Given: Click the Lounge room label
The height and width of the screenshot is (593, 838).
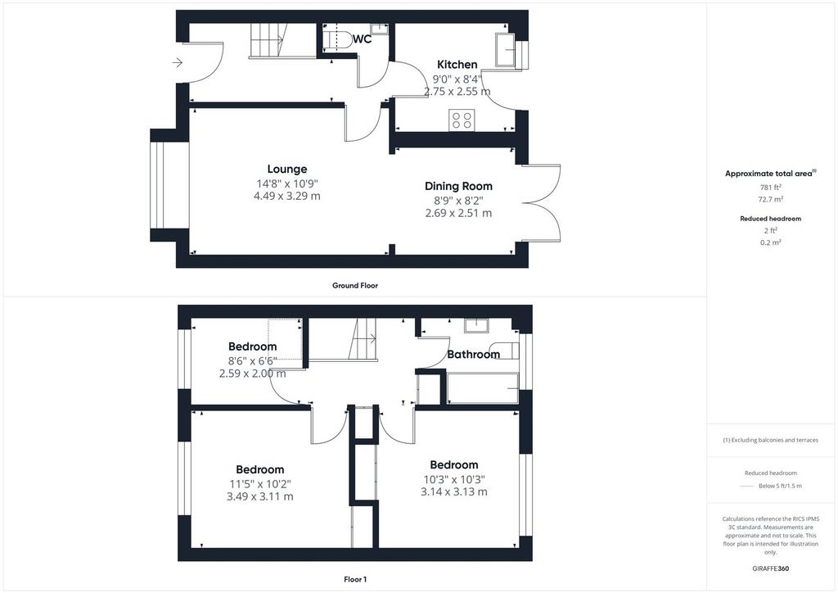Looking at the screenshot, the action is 287,169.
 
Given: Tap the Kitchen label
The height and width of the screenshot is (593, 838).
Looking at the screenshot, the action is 457,64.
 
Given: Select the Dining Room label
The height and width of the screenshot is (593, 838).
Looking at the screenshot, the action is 458,186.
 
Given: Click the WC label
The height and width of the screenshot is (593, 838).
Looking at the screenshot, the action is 362,39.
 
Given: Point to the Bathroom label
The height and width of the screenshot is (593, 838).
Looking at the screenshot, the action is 474,354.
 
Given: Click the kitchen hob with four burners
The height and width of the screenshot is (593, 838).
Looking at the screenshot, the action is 462,120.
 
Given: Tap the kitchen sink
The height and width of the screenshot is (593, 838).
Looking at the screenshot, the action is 505,50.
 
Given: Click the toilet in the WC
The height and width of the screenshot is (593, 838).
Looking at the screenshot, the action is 337,39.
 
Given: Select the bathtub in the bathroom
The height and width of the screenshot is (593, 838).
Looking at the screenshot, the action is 483,388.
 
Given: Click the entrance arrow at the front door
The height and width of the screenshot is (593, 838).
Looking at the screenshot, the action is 178,63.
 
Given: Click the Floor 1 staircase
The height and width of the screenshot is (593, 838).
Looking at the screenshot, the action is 363,339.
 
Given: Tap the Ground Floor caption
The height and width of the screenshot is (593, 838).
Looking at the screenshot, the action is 355,286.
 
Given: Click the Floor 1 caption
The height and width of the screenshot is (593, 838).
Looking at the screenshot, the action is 355,579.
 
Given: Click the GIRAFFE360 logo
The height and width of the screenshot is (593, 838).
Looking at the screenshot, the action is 771,568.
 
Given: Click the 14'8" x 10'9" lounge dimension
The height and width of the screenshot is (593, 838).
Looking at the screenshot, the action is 287,183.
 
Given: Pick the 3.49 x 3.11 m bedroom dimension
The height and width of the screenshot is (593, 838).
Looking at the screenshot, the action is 259,496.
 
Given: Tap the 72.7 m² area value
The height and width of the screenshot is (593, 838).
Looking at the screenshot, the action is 771,199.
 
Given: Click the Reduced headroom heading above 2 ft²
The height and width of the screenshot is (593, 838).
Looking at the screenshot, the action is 771,219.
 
